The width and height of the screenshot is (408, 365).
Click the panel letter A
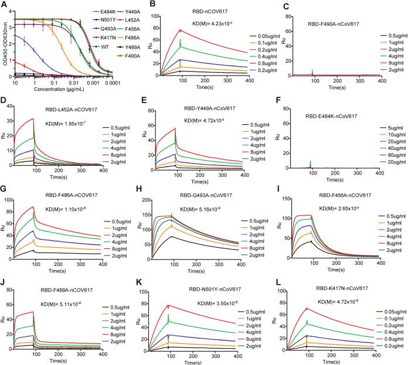point(5,5)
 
